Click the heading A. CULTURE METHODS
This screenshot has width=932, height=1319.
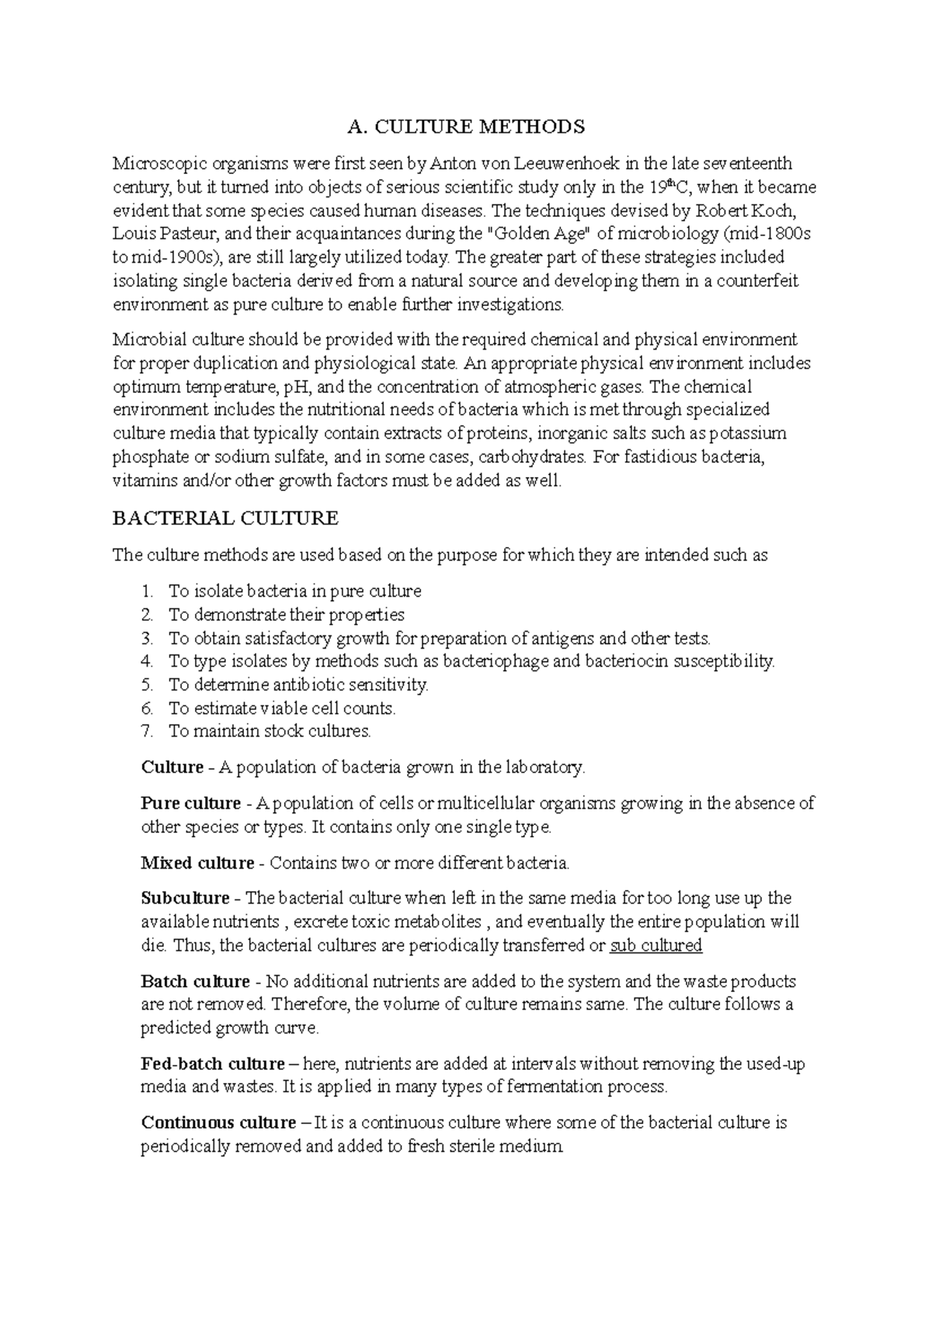pyautogui.click(x=465, y=127)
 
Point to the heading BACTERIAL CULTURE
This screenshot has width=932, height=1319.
pyautogui.click(x=225, y=518)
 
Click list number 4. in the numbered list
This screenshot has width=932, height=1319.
pyautogui.click(x=148, y=662)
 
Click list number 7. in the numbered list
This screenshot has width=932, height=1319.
pyautogui.click(x=148, y=732)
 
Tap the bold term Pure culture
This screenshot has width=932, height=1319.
pyautogui.click(x=190, y=803)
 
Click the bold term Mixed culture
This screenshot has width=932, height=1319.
pyautogui.click(x=197, y=863)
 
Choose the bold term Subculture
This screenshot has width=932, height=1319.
pyautogui.click(x=185, y=899)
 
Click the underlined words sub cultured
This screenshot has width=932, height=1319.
pyautogui.click(x=656, y=945)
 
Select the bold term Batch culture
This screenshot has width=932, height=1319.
pyautogui.click(x=195, y=982)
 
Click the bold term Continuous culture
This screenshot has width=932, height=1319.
pyautogui.click(x=218, y=1123)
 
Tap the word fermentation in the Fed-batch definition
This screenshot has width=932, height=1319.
pyautogui.click(x=551, y=1088)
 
